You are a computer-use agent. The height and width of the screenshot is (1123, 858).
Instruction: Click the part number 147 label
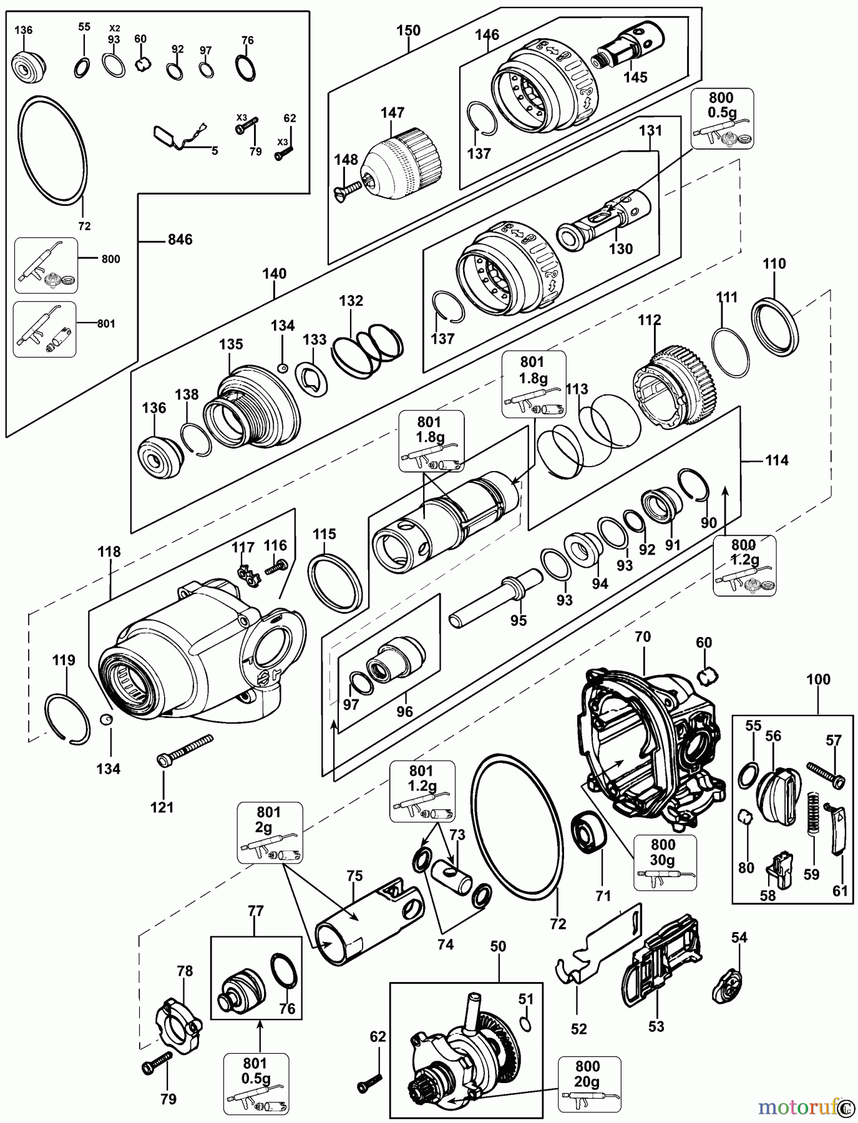(x=392, y=113)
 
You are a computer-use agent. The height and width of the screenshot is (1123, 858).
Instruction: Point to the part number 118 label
(x=109, y=552)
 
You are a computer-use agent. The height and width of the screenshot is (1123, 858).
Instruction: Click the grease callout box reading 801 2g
(x=269, y=832)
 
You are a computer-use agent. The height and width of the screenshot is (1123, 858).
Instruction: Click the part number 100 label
(x=818, y=679)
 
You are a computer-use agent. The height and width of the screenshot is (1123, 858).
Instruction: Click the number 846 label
(x=180, y=240)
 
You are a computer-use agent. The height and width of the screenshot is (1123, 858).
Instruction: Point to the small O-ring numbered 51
(x=526, y=1023)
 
